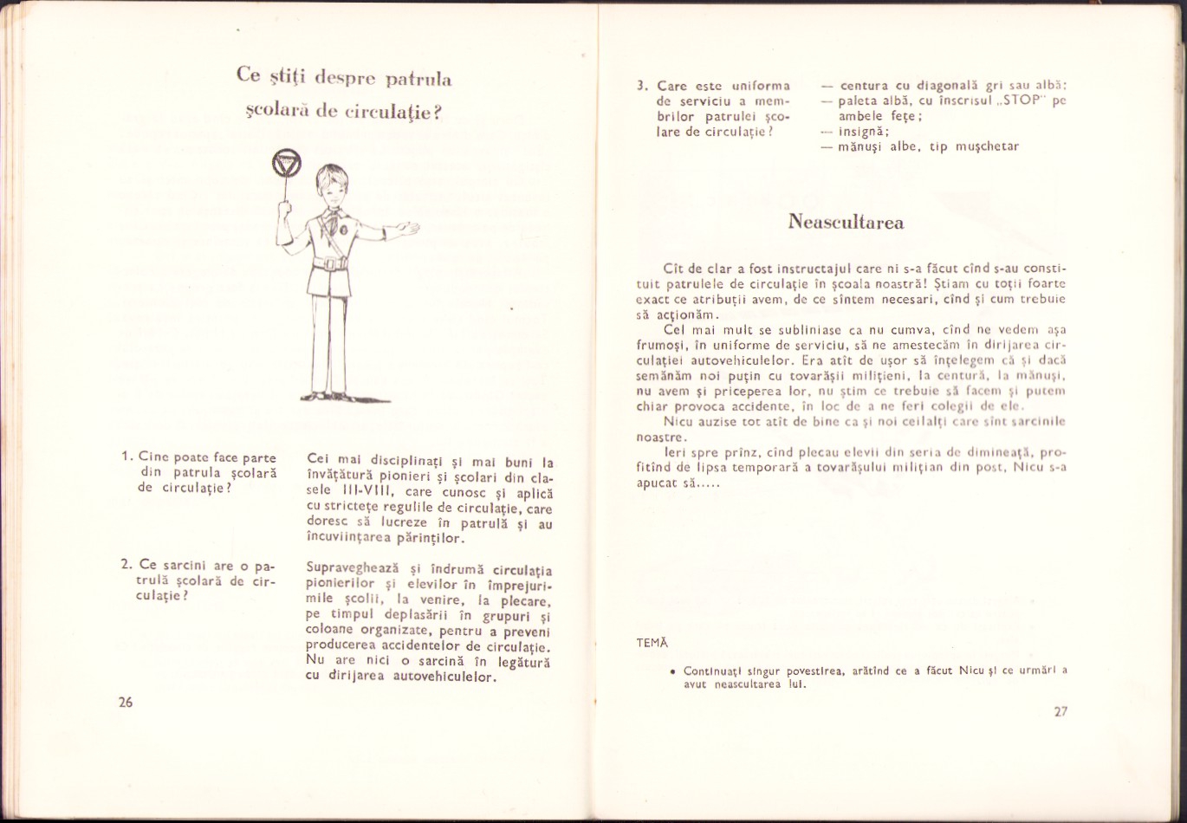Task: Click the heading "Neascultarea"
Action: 846,223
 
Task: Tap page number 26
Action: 126,703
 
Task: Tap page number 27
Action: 1061,712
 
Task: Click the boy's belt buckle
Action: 330,263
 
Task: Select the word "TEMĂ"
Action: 652,642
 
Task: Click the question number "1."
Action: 126,457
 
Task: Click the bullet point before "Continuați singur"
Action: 672,671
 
